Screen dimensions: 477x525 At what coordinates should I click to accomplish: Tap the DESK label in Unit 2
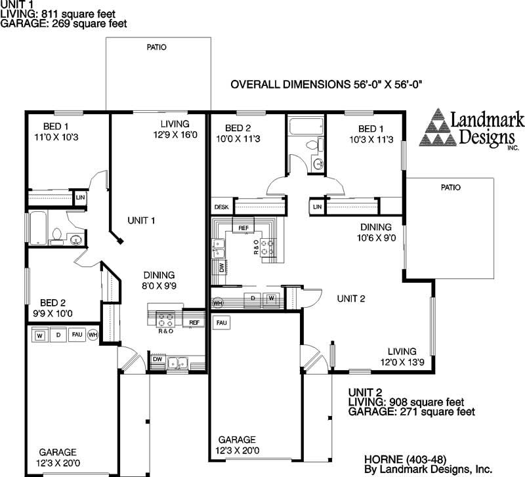221,207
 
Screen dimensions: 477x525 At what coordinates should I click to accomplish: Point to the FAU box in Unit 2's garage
222,323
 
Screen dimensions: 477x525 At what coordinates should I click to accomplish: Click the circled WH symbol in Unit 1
93,335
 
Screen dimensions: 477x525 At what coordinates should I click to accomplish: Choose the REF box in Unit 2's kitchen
243,228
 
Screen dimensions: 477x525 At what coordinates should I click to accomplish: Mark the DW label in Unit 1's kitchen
157,360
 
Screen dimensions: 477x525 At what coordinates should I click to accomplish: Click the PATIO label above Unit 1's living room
156,47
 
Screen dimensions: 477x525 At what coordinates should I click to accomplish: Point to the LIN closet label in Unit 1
81,197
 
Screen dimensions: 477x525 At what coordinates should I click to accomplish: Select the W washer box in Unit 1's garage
39,335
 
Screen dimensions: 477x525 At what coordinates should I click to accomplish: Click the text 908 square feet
427,402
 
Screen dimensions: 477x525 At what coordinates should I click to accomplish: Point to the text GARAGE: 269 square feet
64,23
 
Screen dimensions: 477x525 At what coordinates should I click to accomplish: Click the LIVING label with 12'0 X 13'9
401,351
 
